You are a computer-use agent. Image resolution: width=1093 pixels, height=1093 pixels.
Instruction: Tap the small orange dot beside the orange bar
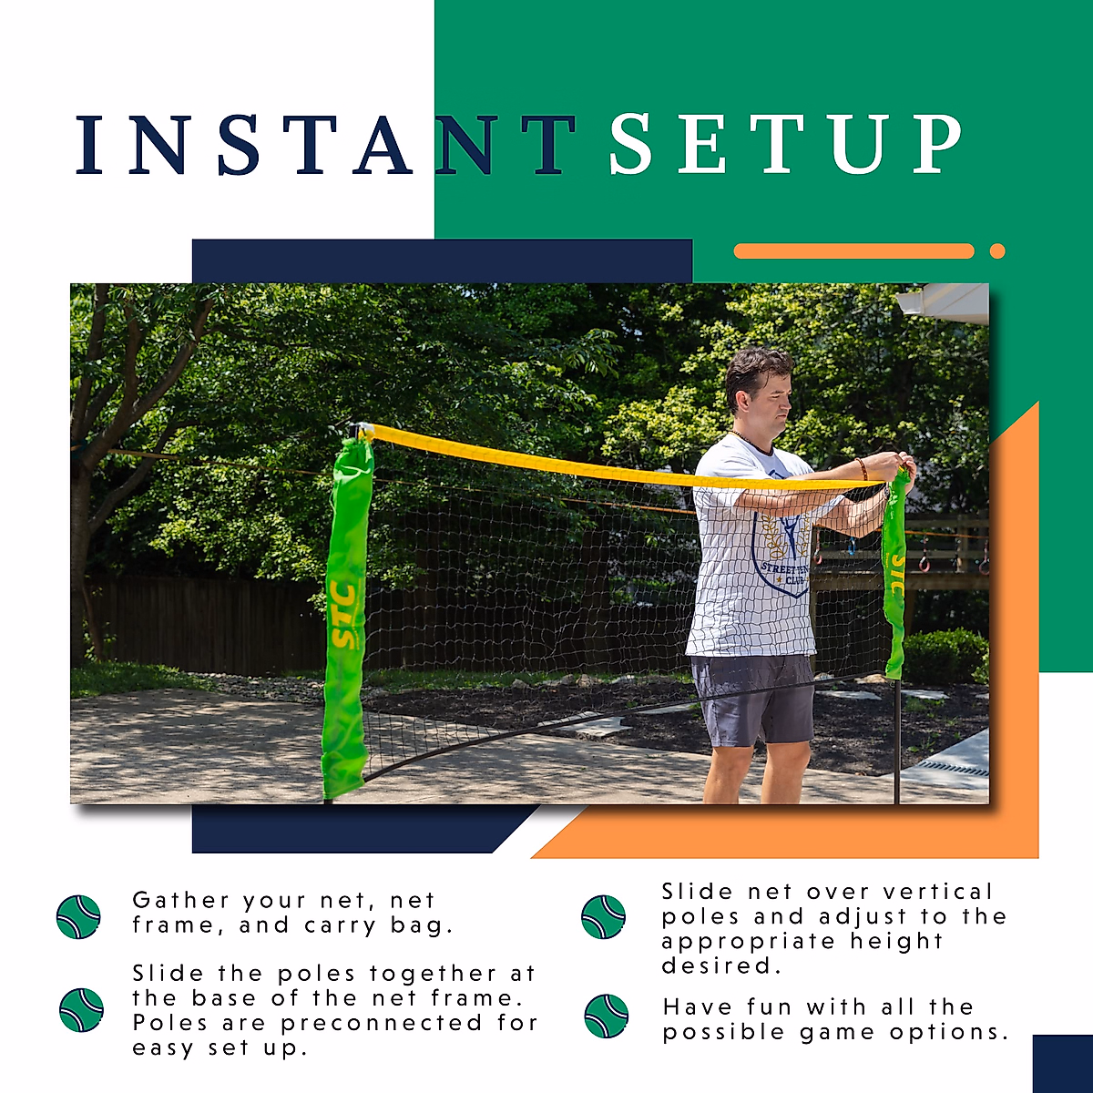point(997,251)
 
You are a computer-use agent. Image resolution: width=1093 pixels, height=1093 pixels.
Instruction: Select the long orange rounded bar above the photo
point(853,251)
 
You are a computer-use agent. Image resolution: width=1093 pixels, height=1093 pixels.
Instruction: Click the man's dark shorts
point(752,698)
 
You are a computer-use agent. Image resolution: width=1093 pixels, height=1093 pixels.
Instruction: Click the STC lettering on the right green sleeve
point(896,574)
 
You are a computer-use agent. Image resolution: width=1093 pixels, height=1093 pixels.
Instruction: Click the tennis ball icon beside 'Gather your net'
point(78,917)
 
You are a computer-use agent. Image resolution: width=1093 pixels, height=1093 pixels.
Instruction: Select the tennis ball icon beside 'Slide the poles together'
point(81,1009)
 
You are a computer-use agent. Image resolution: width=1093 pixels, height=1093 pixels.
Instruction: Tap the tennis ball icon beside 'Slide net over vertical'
point(603,917)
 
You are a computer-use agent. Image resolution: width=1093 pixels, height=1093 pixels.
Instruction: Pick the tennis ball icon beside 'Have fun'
point(606,1016)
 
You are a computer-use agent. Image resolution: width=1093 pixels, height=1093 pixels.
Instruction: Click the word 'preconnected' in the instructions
point(382,1024)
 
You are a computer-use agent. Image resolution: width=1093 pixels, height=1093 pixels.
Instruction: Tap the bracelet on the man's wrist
point(862,468)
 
